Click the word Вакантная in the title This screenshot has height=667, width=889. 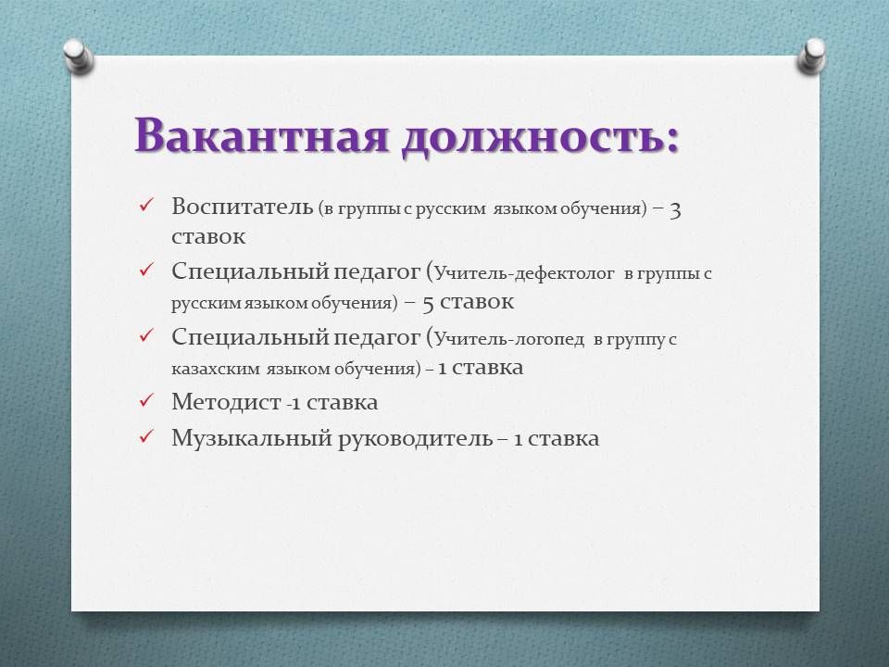(x=261, y=135)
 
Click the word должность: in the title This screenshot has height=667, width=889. (x=540, y=137)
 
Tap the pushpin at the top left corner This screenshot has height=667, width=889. (x=78, y=56)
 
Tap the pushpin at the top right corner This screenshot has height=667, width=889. (x=811, y=56)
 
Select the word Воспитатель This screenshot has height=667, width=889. (x=242, y=207)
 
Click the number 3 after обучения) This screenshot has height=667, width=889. (x=675, y=210)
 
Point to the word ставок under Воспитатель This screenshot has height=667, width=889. (x=208, y=236)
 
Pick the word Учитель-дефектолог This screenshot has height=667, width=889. (x=524, y=274)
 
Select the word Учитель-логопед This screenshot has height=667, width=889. (x=509, y=339)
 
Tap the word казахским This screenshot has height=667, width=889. (x=216, y=369)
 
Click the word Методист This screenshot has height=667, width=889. (x=227, y=402)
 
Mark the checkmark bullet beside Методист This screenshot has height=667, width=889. (x=146, y=400)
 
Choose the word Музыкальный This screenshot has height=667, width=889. (x=252, y=438)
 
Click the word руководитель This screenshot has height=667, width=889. (x=416, y=439)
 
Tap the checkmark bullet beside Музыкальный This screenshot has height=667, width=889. (x=146, y=436)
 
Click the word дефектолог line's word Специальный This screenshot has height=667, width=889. (x=251, y=272)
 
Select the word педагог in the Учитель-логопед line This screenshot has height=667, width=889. (x=377, y=338)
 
